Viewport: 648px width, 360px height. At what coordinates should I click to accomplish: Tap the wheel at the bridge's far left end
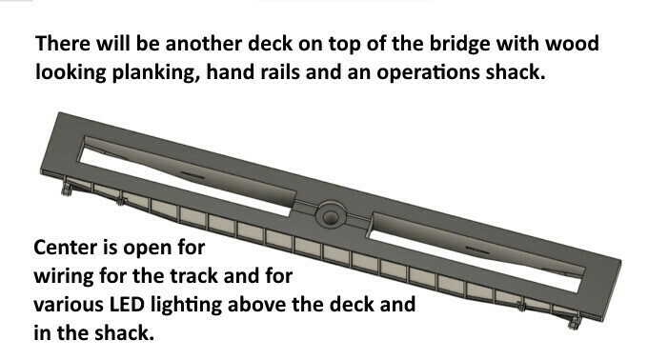click(x=67, y=190)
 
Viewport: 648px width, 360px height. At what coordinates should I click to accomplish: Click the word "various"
click(x=69, y=306)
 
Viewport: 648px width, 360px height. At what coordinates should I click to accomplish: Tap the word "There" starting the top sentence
click(x=62, y=45)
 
